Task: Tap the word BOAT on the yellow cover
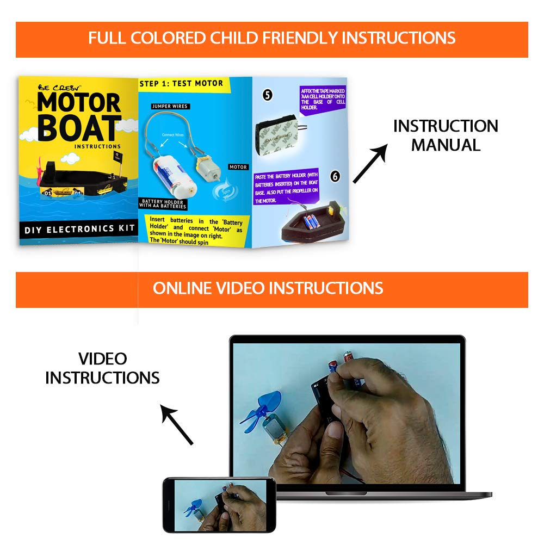click(79, 129)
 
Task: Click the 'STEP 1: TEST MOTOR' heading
click(181, 83)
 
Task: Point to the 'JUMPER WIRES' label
click(170, 106)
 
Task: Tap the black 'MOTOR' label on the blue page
click(238, 167)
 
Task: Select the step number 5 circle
click(268, 95)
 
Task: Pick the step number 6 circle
click(335, 176)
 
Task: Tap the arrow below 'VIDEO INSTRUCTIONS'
click(177, 425)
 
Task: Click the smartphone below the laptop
click(219, 505)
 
